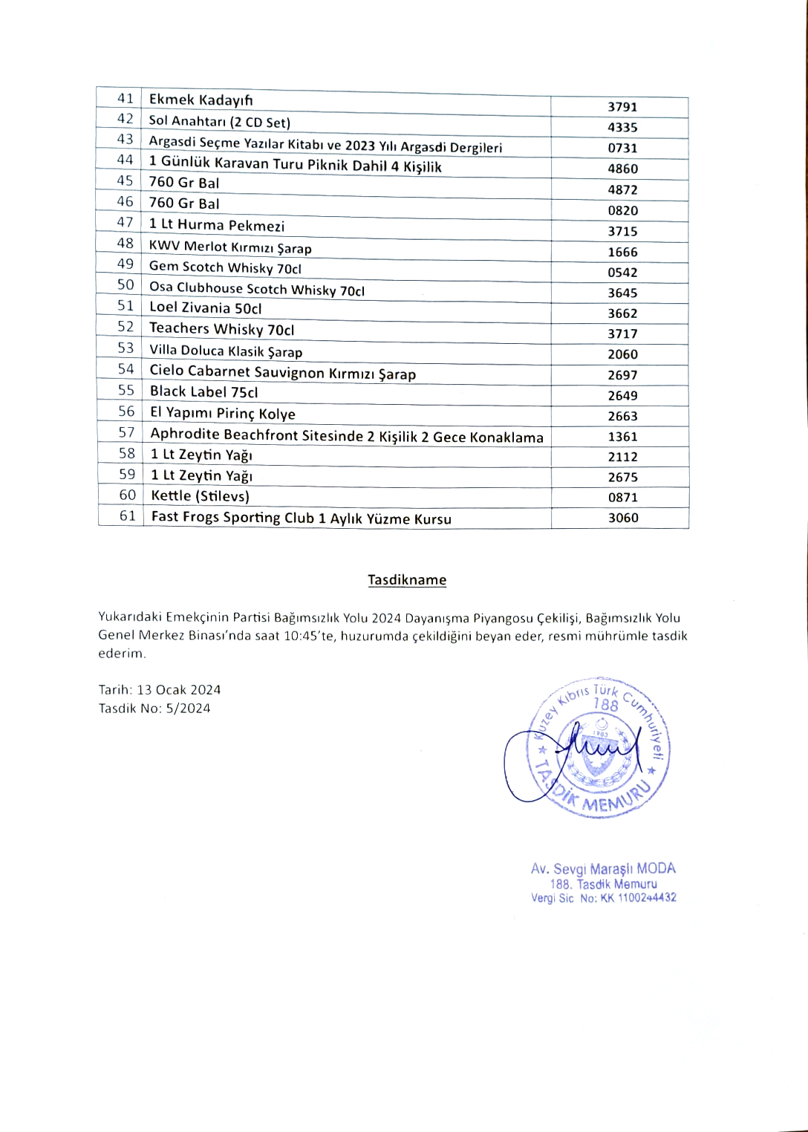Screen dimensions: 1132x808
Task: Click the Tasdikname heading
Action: coord(407,580)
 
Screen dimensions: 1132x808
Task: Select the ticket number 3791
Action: coord(622,107)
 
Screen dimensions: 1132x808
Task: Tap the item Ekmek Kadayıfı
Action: coord(201,100)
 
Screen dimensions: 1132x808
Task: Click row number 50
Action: coord(126,284)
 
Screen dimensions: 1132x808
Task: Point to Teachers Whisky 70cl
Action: coord(221,328)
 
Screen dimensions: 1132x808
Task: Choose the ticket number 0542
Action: coord(622,273)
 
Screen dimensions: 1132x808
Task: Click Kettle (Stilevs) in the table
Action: coord(200,495)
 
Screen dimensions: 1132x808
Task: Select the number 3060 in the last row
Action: coord(623,518)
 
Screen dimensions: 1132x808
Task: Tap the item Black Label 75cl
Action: coord(203,391)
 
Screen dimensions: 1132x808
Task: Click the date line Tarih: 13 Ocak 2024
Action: coord(160,690)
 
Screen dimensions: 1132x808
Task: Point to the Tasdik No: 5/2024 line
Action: coord(154,709)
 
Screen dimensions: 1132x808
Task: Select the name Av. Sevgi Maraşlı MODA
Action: coord(603,868)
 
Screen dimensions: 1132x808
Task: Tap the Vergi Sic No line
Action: coord(603,898)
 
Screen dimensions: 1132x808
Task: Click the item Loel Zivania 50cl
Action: coord(205,308)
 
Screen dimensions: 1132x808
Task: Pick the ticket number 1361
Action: coord(622,437)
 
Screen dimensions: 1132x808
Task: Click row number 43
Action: coord(125,139)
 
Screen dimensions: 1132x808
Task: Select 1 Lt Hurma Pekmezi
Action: coord(216,225)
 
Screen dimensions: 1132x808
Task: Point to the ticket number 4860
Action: coord(622,169)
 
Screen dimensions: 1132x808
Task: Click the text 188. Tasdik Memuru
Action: coord(603,884)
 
